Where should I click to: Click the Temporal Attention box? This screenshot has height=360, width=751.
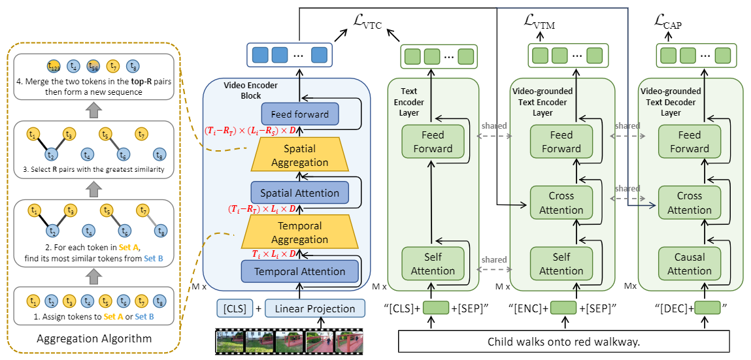pyautogui.click(x=300, y=271)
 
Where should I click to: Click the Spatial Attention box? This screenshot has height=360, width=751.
pyautogui.click(x=300, y=193)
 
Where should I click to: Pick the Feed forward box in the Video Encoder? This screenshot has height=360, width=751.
pyautogui.click(x=300, y=114)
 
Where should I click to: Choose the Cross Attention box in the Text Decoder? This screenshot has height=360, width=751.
pyautogui.click(x=689, y=203)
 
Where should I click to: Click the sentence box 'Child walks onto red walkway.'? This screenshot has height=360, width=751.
pyautogui.click(x=563, y=342)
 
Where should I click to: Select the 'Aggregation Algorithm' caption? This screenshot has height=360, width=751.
pyautogui.click(x=94, y=338)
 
